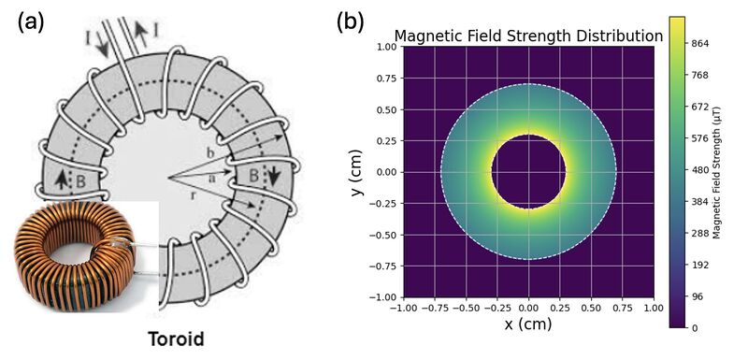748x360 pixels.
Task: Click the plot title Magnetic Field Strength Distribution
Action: pyautogui.click(x=528, y=36)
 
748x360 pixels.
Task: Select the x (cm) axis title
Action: pyautogui.click(x=528, y=324)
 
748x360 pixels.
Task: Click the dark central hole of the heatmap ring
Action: pyautogui.click(x=528, y=172)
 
